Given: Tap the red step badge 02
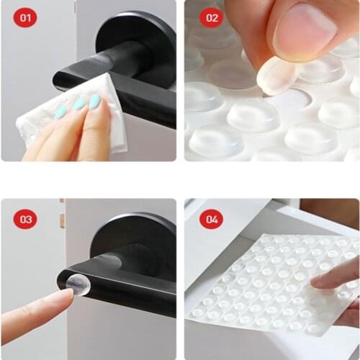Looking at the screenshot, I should click(210, 17).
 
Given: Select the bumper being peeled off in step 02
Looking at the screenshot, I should click(277, 76).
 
